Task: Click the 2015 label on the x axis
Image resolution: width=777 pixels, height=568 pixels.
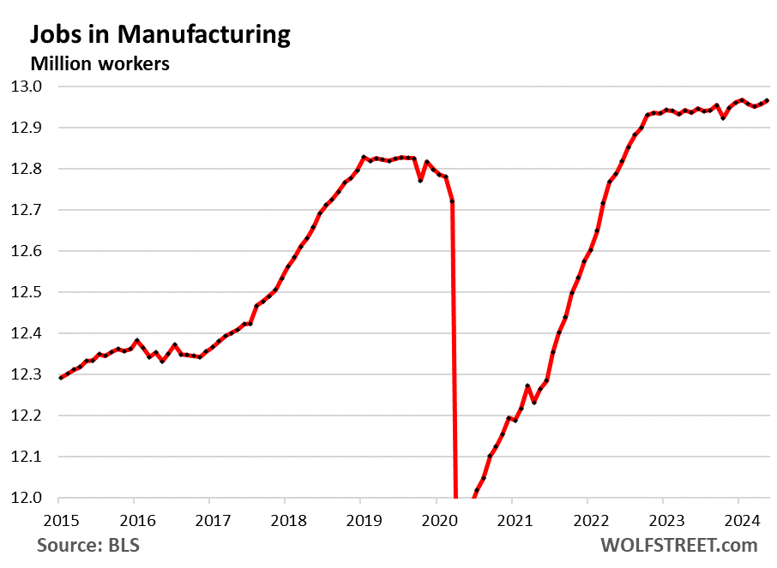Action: [58, 519]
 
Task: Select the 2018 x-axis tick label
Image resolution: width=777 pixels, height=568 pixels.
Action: [285, 519]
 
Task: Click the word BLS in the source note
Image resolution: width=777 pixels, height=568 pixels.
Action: [124, 546]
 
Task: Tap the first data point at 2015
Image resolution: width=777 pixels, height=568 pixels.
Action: [59, 378]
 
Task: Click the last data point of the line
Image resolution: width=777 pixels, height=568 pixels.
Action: [767, 100]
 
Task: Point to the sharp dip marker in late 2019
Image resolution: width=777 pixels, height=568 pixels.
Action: [420, 181]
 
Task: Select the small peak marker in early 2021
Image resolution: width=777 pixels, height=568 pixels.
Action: [527, 386]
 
